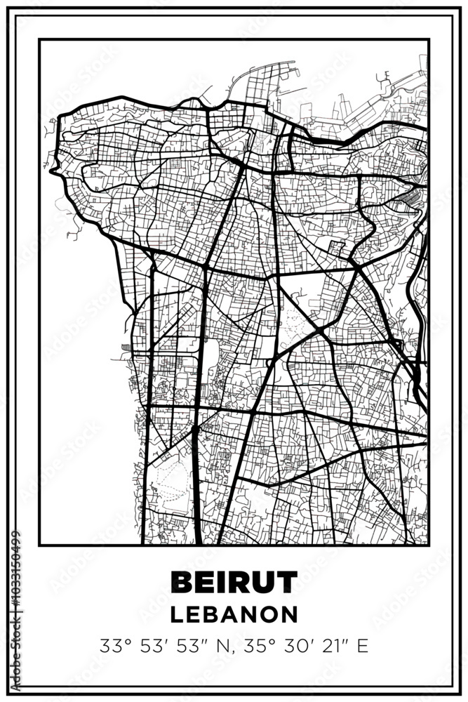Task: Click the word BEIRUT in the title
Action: point(234,582)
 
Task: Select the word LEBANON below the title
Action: point(234,614)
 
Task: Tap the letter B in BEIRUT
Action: point(182,582)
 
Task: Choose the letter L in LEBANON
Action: point(177,614)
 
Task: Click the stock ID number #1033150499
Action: point(15,596)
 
